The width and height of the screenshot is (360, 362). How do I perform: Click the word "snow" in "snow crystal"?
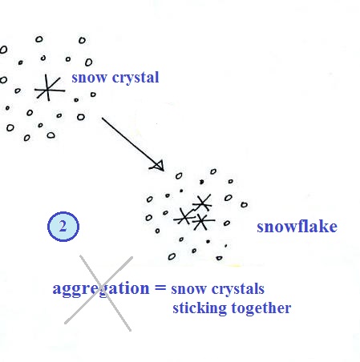89,78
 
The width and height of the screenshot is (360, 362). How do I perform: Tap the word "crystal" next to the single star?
136,78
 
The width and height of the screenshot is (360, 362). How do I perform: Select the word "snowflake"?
297,227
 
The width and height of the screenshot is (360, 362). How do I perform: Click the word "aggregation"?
101,289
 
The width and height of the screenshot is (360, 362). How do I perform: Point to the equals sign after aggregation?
160,288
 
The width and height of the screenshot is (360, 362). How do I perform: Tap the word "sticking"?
200,308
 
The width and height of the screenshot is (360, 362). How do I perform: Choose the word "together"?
261,308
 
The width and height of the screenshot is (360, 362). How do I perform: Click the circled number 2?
63,227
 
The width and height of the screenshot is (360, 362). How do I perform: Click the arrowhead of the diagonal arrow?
158,167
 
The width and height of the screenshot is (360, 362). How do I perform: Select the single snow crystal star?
49,88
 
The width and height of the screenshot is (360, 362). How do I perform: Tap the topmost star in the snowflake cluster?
203,203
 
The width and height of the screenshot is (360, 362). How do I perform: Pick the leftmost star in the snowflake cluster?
184,217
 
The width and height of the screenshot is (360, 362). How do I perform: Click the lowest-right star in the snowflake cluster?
203,221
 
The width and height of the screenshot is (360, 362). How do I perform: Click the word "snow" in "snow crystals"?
188,289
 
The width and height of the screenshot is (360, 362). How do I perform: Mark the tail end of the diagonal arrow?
102,118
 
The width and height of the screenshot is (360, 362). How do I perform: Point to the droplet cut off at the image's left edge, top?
3,50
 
